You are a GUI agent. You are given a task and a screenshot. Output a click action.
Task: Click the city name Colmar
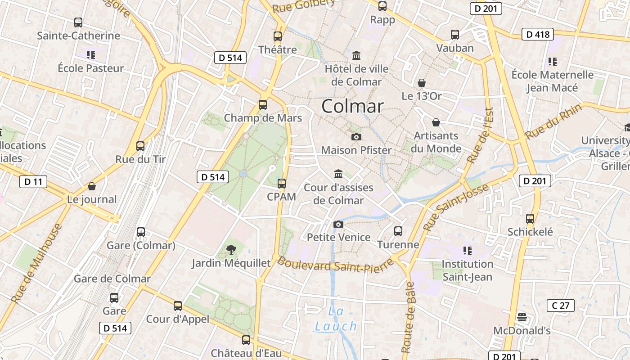pyautogui.click(x=352, y=106)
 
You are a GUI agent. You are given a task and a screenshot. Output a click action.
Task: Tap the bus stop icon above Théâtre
pyautogui.click(x=278, y=36)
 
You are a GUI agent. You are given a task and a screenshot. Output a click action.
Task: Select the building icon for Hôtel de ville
pyautogui.click(x=356, y=55)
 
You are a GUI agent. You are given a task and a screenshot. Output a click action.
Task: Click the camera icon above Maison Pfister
pyautogui.click(x=356, y=137)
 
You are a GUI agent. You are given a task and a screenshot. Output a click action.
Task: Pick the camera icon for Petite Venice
pyautogui.click(x=338, y=224)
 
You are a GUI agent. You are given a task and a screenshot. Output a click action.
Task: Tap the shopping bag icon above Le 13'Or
pyautogui.click(x=422, y=83)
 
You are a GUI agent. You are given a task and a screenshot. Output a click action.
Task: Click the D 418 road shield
pyautogui.click(x=537, y=34)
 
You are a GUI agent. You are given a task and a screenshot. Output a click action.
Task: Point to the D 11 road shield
pyautogui.click(x=33, y=182)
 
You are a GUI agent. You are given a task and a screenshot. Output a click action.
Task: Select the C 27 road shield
pyautogui.click(x=560, y=306)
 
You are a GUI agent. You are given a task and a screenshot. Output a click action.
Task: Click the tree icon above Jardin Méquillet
pyautogui.click(x=231, y=249)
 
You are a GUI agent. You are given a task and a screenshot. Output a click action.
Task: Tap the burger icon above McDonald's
pyautogui.click(x=522, y=317)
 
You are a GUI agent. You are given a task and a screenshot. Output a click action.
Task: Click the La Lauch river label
pyautogui.click(x=336, y=319)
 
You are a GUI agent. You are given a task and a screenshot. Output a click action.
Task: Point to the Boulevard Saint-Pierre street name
pyautogui.click(x=335, y=265)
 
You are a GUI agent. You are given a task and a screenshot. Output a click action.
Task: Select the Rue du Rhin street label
pyautogui.click(x=553, y=121)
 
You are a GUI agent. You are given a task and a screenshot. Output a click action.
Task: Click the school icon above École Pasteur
pyautogui.click(x=91, y=55)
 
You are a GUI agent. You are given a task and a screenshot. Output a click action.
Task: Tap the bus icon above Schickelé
pyautogui.click(x=530, y=219)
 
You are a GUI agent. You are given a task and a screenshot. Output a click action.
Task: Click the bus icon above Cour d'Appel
pyautogui.click(x=178, y=306)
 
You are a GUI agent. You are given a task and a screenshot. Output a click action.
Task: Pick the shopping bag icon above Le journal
pyautogui.click(x=92, y=186)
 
